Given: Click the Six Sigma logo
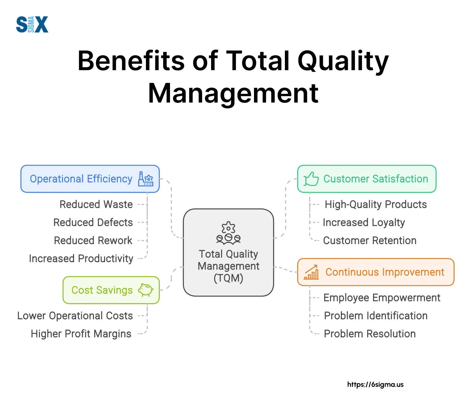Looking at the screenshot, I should pos(32,24).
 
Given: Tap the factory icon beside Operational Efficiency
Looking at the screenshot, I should pos(145,179).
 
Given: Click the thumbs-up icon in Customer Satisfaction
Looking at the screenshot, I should pos(311,179).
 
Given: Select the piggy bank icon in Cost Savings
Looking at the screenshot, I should pos(146,290).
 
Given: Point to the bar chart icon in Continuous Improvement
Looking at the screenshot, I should pos(312,272).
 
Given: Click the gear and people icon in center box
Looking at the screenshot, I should pos(229,233).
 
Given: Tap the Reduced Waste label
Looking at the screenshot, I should pos(96,205).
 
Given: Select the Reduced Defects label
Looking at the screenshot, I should pos(93,222).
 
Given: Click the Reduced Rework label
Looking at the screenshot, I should pos(93,240).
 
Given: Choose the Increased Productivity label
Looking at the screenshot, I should pos(81,258).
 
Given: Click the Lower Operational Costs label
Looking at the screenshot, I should pos(75,316).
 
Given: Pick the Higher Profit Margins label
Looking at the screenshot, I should pos(81,334).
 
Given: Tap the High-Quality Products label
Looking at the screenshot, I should pos(376,205).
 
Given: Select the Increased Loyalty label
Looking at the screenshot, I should pos(364,222).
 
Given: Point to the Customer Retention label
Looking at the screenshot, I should pos(370,240).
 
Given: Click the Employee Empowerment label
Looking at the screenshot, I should pos(382,298).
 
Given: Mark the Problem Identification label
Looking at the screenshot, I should pos(376,316).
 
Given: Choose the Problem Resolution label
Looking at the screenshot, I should pos(370,334).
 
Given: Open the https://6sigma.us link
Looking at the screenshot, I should pos(375,384).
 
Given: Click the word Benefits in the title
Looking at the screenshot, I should pos(131,61).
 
